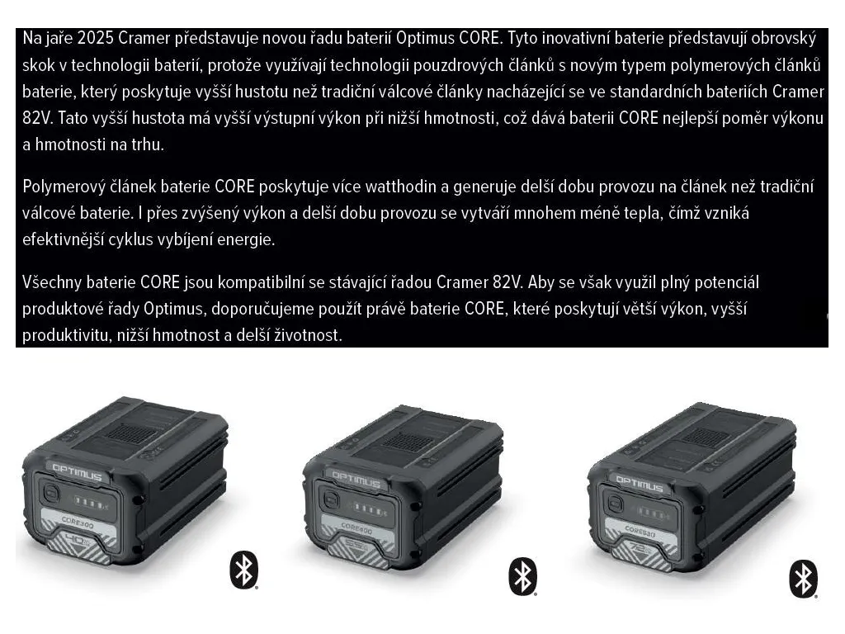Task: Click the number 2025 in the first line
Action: (96, 38)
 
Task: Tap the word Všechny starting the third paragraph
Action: (52, 282)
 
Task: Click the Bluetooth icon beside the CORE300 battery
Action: (244, 570)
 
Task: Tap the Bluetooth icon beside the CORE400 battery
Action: (522, 576)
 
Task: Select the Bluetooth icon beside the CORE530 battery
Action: (804, 579)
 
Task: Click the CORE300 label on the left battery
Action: (78, 523)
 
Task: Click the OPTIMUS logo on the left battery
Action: (77, 471)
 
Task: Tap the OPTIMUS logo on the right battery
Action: (640, 484)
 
